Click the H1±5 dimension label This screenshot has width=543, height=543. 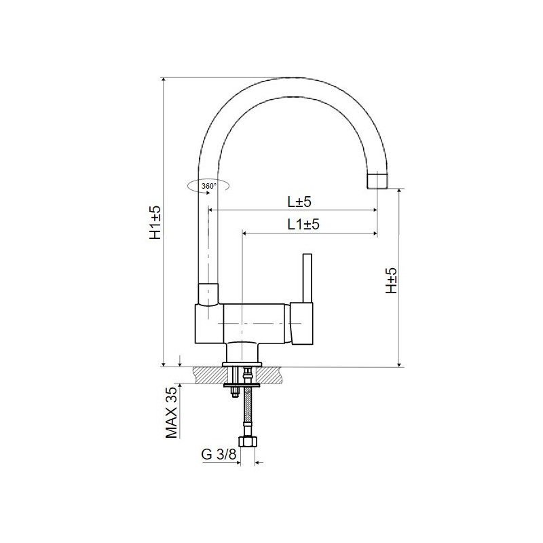155,223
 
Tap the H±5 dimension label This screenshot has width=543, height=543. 392,280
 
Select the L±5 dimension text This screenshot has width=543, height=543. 299,202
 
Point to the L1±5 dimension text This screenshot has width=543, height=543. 303,225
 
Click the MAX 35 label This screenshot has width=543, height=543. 172,413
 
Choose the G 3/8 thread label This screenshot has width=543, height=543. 219,454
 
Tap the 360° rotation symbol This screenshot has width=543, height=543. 208,186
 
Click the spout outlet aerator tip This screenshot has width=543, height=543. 377,180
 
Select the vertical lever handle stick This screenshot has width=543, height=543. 307,278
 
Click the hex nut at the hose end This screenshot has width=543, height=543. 248,442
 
